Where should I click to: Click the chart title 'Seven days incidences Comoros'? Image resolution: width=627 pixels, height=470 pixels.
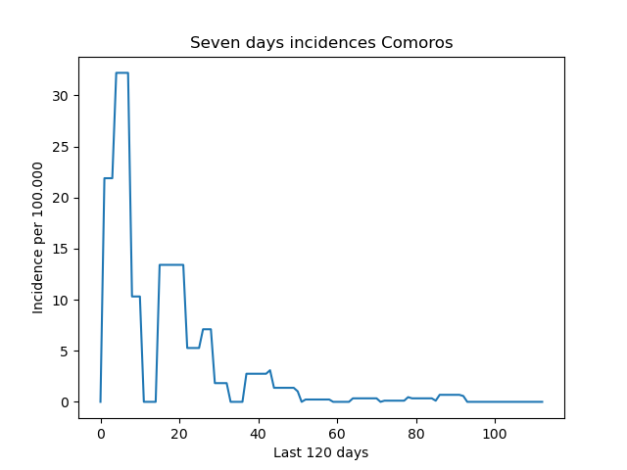(321, 42)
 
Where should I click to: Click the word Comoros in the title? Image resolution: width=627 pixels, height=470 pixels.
(417, 42)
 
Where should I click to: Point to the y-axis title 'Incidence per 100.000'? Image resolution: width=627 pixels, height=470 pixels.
(37, 238)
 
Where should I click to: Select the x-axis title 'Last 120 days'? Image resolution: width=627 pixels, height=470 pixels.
(320, 452)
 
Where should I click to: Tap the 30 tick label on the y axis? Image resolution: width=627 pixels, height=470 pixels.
(60, 96)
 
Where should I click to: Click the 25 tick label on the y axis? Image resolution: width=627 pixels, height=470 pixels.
(60, 147)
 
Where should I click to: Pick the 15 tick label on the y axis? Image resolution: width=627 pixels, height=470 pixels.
(60, 249)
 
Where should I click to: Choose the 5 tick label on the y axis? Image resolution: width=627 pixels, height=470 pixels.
(64, 352)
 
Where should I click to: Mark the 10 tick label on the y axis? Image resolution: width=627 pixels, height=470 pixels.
(60, 301)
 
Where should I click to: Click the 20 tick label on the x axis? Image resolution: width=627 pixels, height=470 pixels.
(179, 433)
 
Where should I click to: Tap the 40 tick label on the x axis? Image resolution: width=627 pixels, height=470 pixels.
(258, 433)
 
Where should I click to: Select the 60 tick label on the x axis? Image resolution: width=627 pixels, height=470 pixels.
(337, 433)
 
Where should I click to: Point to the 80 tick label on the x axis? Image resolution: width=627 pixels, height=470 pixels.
(415, 433)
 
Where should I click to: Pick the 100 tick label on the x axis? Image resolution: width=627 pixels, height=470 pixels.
(495, 433)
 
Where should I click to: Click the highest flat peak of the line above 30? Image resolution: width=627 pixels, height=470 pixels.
(121, 72)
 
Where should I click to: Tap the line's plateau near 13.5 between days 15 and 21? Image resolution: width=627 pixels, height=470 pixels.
(171, 264)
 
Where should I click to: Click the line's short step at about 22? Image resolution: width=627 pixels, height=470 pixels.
(109, 178)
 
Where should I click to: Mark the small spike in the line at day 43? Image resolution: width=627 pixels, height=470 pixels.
(270, 370)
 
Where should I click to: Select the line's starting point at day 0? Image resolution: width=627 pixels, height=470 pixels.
(100, 401)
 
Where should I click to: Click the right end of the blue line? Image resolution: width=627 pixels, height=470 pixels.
(542, 401)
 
